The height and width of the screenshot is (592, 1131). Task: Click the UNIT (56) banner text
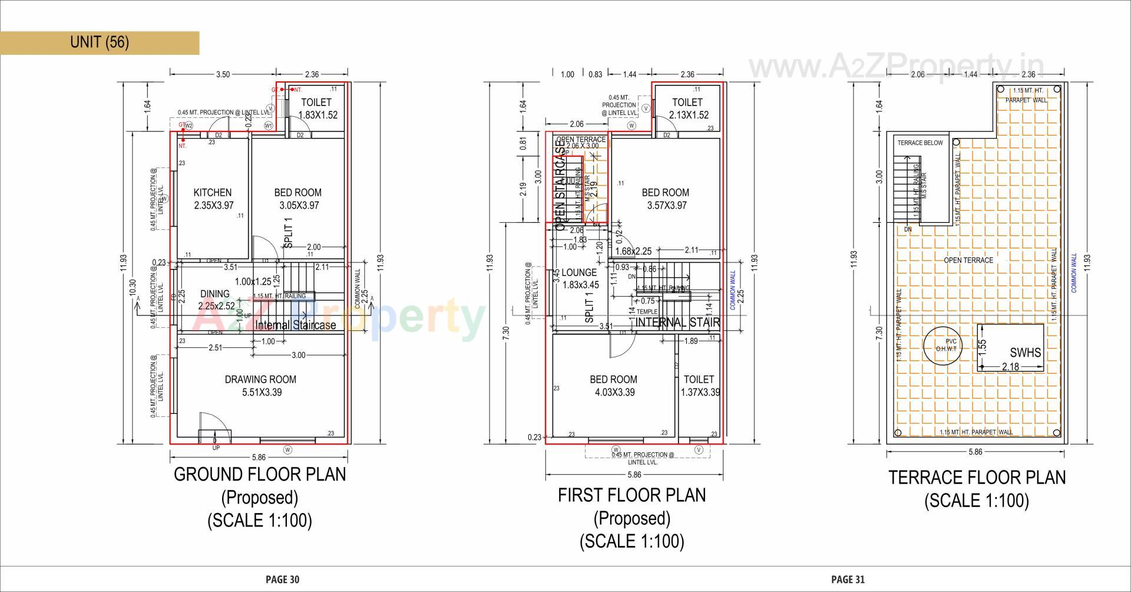[99, 42]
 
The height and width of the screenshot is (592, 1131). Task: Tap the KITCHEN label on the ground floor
[213, 193]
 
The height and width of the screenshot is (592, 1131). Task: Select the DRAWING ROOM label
[260, 380]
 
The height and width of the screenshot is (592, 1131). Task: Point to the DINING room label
[214, 294]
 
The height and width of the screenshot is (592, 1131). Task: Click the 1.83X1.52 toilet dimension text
[318, 116]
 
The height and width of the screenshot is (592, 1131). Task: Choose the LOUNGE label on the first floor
[578, 272]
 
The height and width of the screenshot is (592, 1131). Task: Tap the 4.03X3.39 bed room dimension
[613, 393]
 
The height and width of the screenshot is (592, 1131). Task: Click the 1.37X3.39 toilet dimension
[700, 393]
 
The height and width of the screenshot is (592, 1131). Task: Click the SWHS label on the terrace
[1025, 353]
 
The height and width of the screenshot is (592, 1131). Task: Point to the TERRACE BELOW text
[920, 143]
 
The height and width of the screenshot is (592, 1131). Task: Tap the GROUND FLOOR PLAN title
[260, 475]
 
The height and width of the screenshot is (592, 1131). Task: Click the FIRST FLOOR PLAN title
[631, 495]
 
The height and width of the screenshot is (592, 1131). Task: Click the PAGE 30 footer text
[282, 580]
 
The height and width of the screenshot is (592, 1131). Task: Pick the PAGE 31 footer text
[848, 580]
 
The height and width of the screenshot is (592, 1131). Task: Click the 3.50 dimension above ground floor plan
[223, 75]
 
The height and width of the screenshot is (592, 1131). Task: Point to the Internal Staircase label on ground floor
[296, 325]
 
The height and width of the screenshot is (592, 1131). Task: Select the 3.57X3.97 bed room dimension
[666, 206]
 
